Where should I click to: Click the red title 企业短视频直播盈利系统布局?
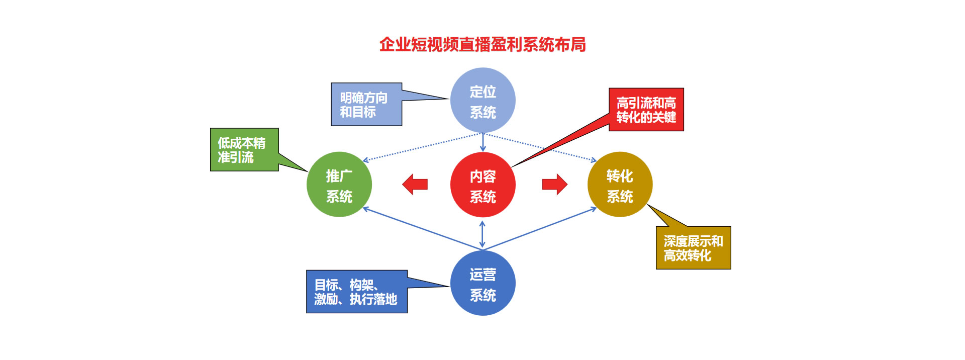(x=482, y=45)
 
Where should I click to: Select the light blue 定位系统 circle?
(x=482, y=101)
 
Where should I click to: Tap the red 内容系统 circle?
(x=482, y=185)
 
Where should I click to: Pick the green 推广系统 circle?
(x=339, y=185)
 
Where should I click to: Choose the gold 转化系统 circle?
(x=620, y=185)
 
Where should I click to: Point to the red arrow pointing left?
(x=415, y=185)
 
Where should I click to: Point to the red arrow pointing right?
(x=554, y=185)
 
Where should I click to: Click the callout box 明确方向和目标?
(x=366, y=105)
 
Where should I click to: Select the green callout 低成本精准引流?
(x=244, y=150)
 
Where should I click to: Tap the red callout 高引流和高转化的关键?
(x=646, y=110)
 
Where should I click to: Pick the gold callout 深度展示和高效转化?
(x=693, y=248)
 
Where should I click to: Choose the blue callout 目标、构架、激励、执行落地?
(x=356, y=292)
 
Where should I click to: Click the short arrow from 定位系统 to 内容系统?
(x=482, y=142)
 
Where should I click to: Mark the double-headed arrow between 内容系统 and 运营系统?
(x=482, y=234)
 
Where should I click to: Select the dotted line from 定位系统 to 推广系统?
(x=422, y=147)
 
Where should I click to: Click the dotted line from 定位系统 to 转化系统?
(x=540, y=147)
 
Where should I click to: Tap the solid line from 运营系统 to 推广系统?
(x=422, y=229)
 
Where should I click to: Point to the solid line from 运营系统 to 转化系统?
(x=540, y=229)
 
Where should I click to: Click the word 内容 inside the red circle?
(x=482, y=176)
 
